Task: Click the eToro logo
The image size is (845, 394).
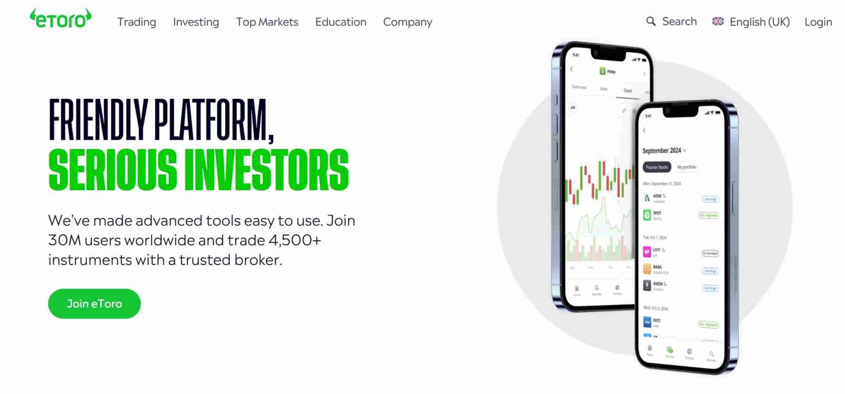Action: tap(61, 19)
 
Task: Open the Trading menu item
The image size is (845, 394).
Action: tap(137, 22)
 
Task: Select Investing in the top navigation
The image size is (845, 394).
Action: tap(196, 22)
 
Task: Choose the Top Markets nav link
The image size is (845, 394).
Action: tap(267, 22)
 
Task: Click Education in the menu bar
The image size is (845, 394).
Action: tap(340, 22)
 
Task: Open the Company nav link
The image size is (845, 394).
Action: tap(408, 22)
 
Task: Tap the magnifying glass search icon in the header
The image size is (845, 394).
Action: tap(651, 21)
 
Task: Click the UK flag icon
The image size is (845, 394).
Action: tap(718, 21)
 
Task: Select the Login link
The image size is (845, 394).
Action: tap(818, 22)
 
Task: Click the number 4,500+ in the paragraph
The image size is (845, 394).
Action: tap(295, 240)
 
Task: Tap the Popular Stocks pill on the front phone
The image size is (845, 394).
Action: tap(656, 167)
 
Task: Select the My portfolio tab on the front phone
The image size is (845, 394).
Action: tap(687, 167)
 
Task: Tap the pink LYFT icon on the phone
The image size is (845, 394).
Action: tap(647, 251)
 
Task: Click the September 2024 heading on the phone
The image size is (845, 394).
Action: tap(662, 151)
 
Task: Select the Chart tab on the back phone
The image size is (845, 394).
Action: tap(628, 91)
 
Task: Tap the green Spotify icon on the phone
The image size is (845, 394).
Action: tap(647, 215)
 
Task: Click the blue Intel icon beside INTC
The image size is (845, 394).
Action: tap(647, 322)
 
